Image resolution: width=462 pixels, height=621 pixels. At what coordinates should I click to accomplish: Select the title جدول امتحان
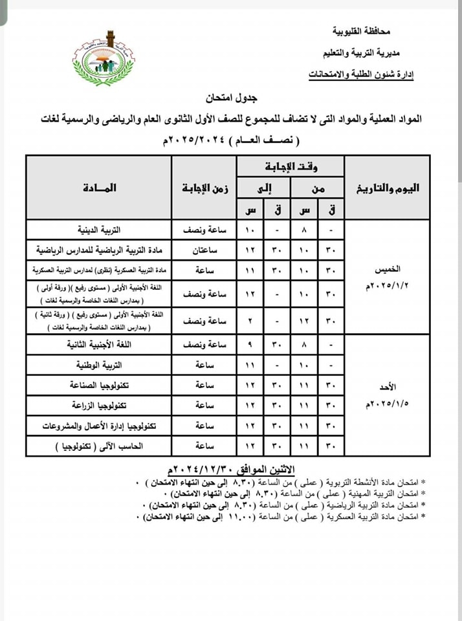click(x=231, y=99)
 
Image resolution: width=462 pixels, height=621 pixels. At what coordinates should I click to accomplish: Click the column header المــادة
click(x=100, y=188)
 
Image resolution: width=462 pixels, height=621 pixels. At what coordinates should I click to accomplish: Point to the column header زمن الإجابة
click(x=204, y=188)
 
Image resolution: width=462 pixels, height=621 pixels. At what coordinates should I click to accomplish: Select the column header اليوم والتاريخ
click(x=388, y=188)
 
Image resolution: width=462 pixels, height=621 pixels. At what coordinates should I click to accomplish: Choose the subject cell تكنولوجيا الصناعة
click(x=107, y=386)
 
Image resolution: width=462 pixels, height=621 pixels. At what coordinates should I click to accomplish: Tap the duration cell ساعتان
click(x=204, y=250)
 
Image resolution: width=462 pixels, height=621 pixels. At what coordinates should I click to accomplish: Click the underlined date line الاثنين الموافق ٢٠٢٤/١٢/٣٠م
click(x=230, y=468)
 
